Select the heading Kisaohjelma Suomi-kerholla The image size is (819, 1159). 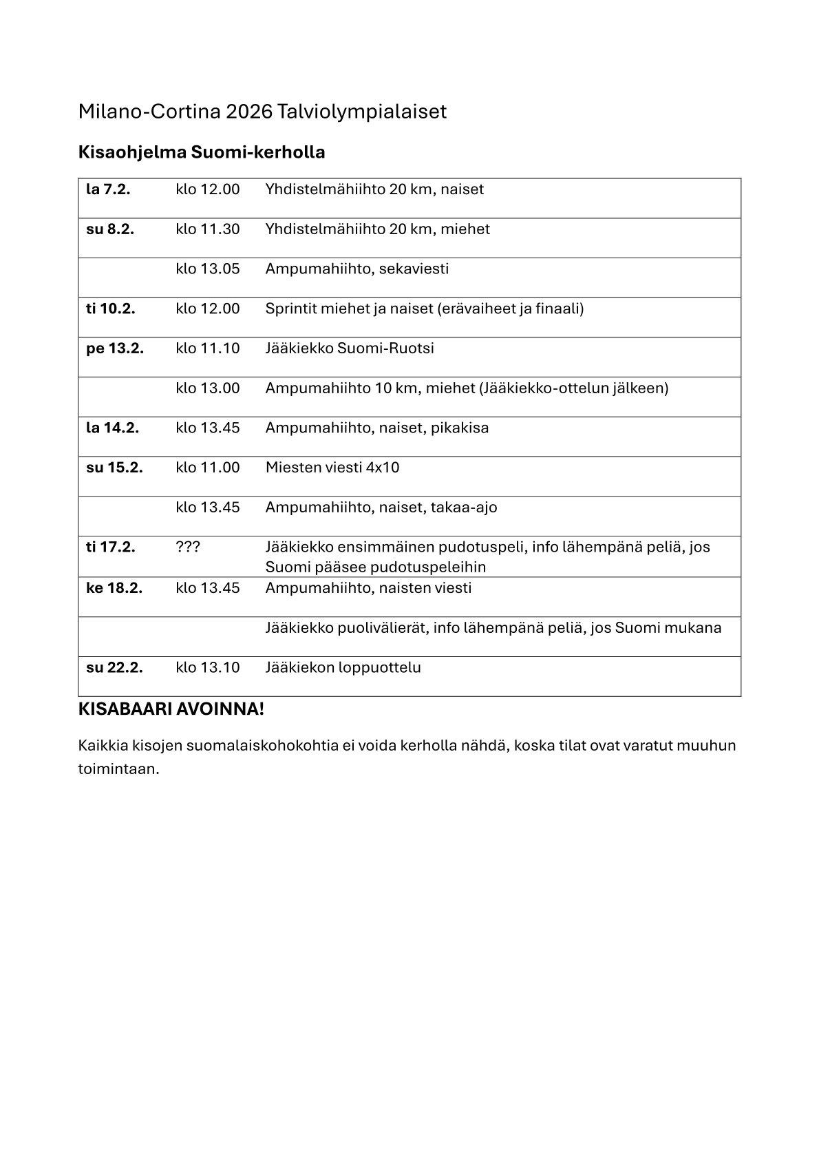click(202, 152)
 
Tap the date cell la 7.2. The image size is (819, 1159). click(108, 189)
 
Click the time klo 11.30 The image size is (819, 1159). click(208, 229)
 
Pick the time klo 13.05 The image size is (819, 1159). click(208, 269)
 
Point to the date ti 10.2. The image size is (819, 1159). click(111, 309)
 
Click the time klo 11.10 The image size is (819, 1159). click(208, 348)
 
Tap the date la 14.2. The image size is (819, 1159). click(112, 428)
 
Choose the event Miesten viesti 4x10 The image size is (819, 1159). click(332, 468)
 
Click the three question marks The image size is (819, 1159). click(188, 547)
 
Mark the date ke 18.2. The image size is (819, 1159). click(114, 588)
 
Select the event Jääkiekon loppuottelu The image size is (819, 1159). click(343, 668)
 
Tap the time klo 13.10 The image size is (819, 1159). click(208, 668)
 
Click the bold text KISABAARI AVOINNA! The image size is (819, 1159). click(171, 709)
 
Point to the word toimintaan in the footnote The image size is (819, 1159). click(118, 769)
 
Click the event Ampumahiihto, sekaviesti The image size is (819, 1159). click(357, 269)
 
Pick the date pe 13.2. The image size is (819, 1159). click(115, 348)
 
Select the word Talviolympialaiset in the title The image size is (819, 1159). click(362, 112)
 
